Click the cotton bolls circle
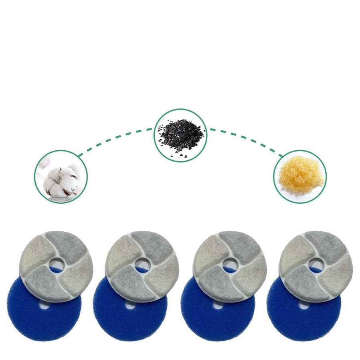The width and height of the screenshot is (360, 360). tap(61, 177)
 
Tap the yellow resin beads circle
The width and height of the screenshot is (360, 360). tap(300, 177)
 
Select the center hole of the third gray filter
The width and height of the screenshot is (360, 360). tap(229, 264)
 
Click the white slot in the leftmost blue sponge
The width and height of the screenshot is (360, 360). tap(45, 304)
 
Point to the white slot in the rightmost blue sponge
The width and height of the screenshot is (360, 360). tap(305, 305)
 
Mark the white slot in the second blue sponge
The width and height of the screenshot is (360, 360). tap(131, 305)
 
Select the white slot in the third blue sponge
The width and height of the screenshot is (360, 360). tap(218, 305)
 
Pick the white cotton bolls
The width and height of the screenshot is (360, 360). tap(60, 180)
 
